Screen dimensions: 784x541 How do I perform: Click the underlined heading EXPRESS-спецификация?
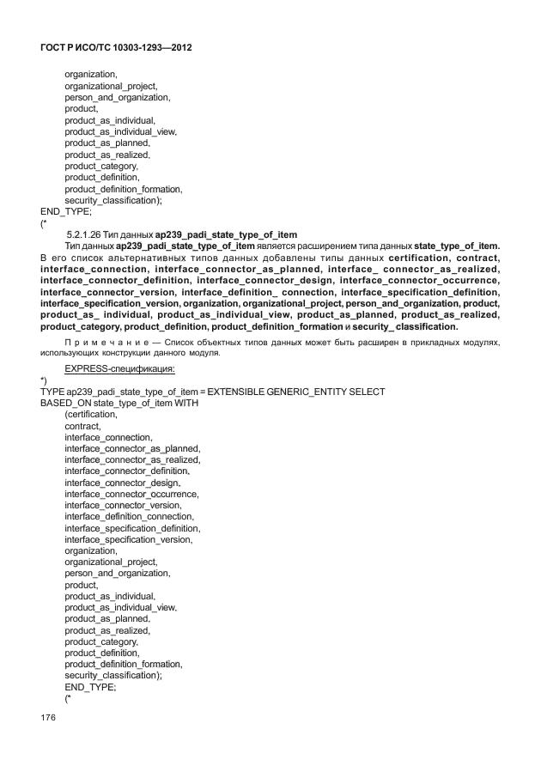point(119,368)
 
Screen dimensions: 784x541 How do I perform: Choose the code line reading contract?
point(82,426)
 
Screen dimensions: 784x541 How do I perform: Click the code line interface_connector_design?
point(127,483)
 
